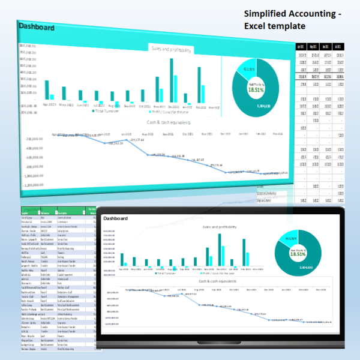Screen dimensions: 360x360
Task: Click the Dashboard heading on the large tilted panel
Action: tap(37, 28)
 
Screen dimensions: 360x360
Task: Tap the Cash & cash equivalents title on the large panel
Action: tap(169, 122)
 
